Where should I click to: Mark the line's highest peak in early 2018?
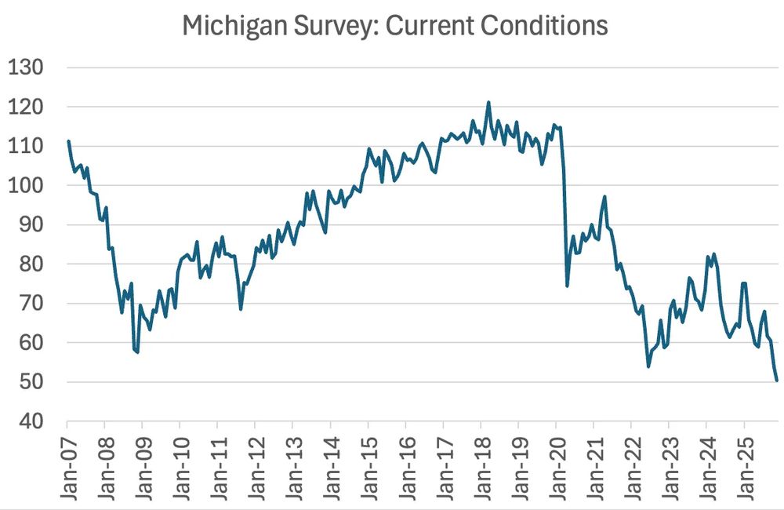tap(488, 102)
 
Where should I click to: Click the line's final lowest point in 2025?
tap(776, 381)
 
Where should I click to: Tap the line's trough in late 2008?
tap(137, 352)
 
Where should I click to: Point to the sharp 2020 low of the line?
tap(567, 285)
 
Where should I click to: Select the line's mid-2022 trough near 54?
tap(648, 366)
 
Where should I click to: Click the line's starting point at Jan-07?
tap(68, 141)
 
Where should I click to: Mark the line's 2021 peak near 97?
tap(604, 196)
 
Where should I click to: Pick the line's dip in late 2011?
tap(241, 309)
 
